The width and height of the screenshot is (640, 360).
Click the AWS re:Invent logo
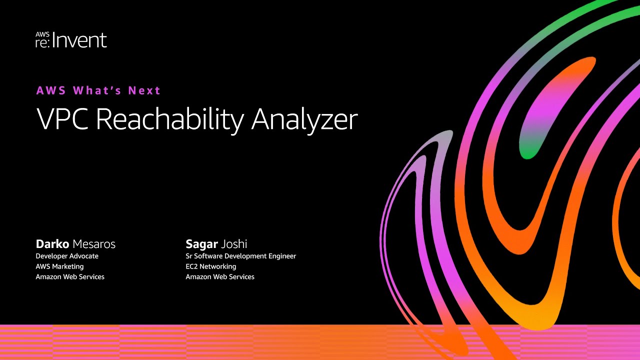pos(71,39)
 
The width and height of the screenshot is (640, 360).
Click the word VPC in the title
pos(61,119)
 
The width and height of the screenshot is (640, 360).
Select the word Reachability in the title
pos(169,120)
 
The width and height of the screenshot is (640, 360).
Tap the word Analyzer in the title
pos(304,120)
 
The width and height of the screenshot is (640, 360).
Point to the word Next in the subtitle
pos(144,90)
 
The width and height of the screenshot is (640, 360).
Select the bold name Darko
pos(52,244)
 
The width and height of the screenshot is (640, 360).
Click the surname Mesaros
pos(94,244)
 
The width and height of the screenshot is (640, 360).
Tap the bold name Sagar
pos(202,244)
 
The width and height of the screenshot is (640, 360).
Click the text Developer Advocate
pos(67,256)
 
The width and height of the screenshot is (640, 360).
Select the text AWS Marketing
pos(59,266)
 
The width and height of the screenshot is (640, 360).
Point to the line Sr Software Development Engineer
pos(240,256)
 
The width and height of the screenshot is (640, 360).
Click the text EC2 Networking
pos(210,266)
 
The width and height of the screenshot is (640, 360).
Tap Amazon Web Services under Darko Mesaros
pos(70,276)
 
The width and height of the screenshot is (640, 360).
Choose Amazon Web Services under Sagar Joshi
pos(220,276)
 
